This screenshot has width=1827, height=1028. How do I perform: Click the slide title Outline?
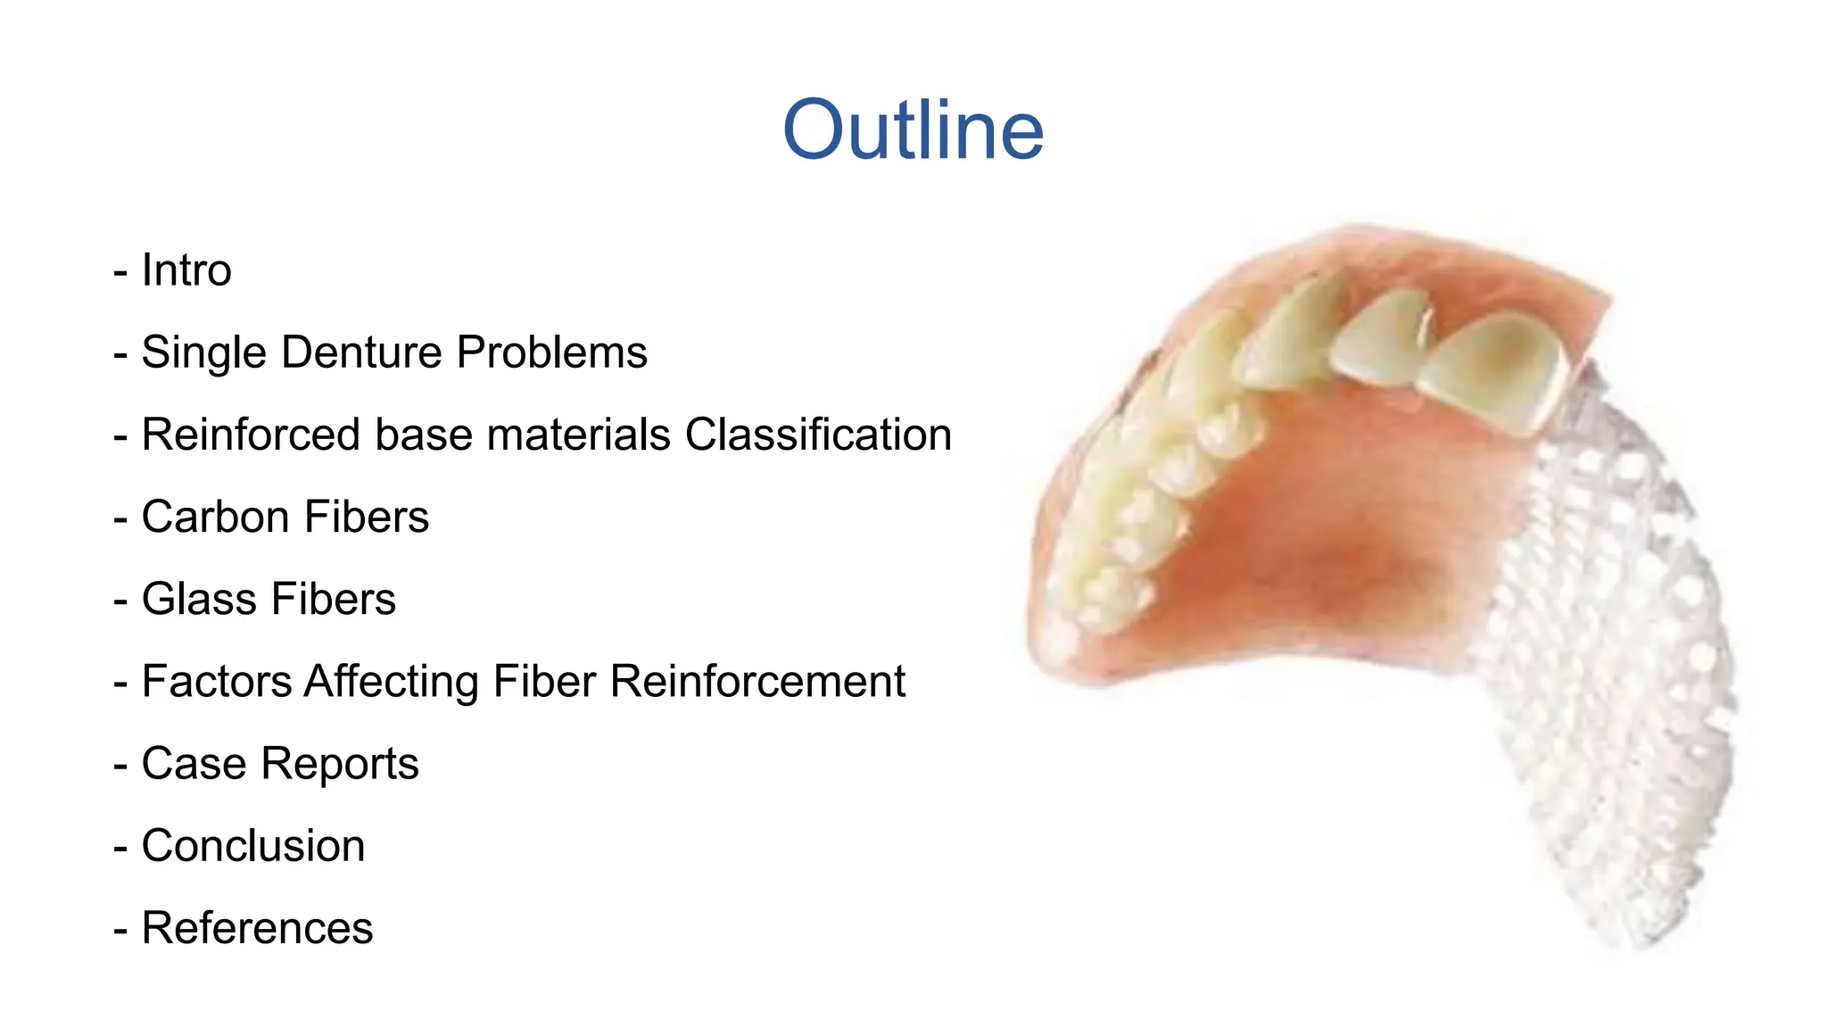[913, 130]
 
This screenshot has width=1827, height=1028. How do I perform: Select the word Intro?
[186, 270]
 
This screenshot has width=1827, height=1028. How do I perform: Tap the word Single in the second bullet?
[204, 352]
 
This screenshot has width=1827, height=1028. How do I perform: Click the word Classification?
[818, 435]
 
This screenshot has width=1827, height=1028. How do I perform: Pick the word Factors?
[217, 682]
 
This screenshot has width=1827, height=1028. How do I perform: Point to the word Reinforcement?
[757, 682]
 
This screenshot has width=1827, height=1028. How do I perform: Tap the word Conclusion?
[253, 846]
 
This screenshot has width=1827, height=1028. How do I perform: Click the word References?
[257, 928]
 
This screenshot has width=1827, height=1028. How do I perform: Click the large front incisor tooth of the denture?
[1494, 370]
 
